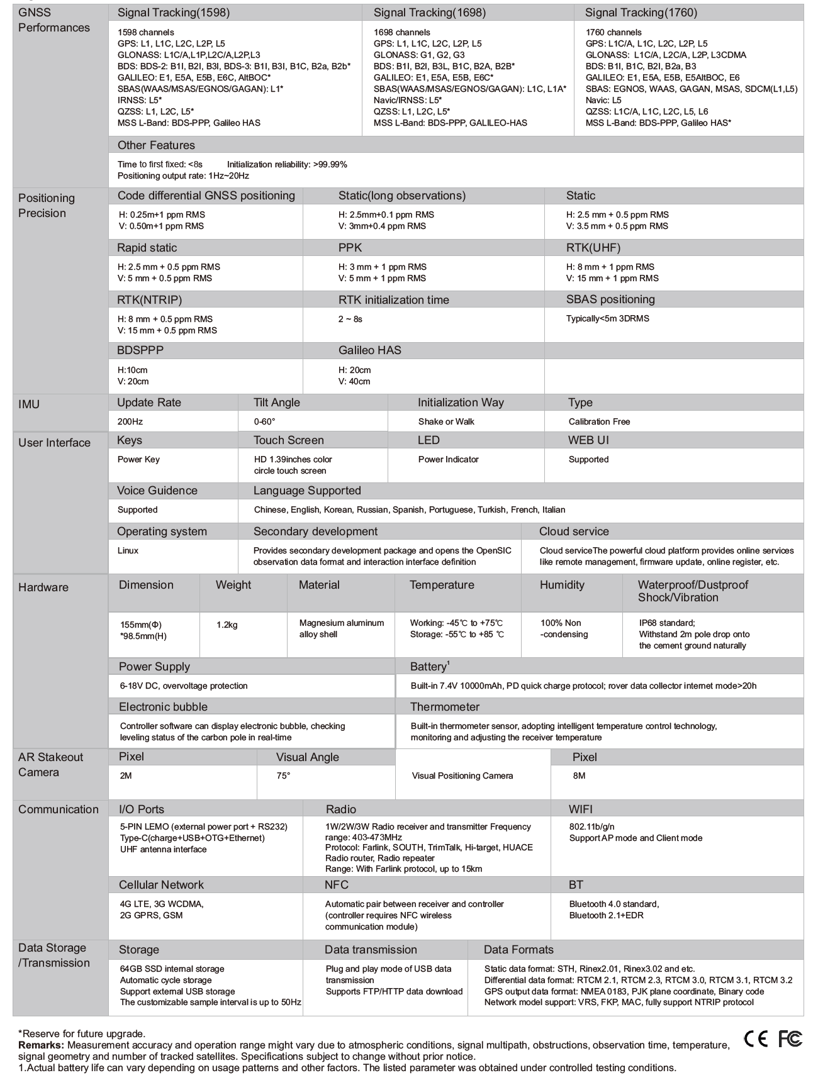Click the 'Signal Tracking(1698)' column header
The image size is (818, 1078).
[x=429, y=13]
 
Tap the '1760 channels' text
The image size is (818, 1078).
[x=613, y=32]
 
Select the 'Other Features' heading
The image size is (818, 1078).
[x=156, y=145]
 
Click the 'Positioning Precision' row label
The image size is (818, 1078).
[x=47, y=206]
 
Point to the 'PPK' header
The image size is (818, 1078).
[x=350, y=248]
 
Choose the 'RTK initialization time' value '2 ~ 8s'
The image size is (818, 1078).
[x=350, y=319]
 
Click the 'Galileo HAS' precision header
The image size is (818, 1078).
[x=369, y=350]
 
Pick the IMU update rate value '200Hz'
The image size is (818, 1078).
[x=130, y=421]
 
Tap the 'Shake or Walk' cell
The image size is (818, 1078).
[x=446, y=421]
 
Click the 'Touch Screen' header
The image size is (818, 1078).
[x=288, y=440]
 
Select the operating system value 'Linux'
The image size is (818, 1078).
[x=128, y=550]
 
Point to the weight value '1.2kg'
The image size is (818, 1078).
[x=227, y=625]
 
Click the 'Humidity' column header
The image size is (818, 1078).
[x=562, y=585]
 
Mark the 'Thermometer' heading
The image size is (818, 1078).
[x=444, y=707]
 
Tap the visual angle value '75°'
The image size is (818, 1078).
[x=283, y=775]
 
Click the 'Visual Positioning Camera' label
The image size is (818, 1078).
[x=462, y=775]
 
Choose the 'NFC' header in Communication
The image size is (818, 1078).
[x=336, y=885]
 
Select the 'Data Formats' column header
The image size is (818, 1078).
[x=518, y=950]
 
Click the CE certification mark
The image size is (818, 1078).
[x=756, y=1040]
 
